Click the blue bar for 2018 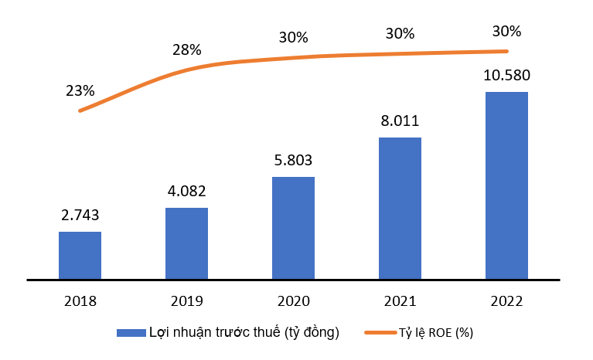[80, 255]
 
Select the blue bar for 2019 [186, 243]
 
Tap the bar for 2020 [293, 228]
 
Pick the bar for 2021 [400, 208]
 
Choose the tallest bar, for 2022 [506, 185]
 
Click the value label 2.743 [80, 216]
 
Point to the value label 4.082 [186, 192]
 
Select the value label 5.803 [293, 161]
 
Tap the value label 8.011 [400, 121]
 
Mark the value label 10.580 [506, 76]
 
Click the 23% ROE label [80, 90]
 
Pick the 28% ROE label [186, 50]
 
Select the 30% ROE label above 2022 [506, 32]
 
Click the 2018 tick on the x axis [80, 301]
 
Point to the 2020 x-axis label [293, 301]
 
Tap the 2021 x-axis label [400, 301]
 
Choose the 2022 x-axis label [506, 301]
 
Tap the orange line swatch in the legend [379, 333]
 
